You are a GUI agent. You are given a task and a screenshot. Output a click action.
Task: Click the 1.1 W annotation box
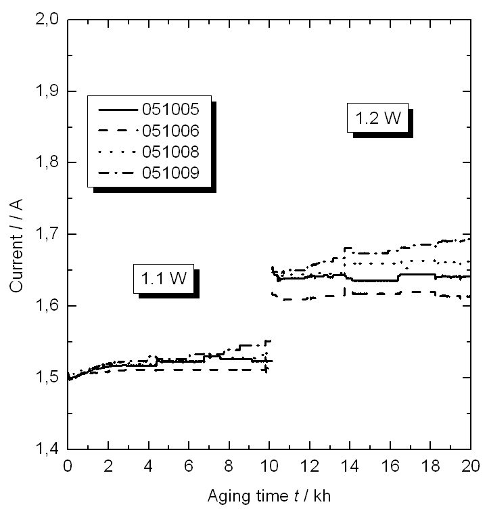point(163,279)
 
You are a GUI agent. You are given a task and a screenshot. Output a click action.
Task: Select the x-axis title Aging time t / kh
point(269,496)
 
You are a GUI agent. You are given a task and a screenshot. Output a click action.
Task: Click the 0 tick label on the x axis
point(68,465)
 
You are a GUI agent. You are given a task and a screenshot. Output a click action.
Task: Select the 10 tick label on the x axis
point(269,465)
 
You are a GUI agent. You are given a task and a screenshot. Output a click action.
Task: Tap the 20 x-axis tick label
point(470,465)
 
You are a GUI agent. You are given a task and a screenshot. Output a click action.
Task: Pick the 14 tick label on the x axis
point(350,465)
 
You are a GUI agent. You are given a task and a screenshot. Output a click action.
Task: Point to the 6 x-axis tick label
point(189,465)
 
